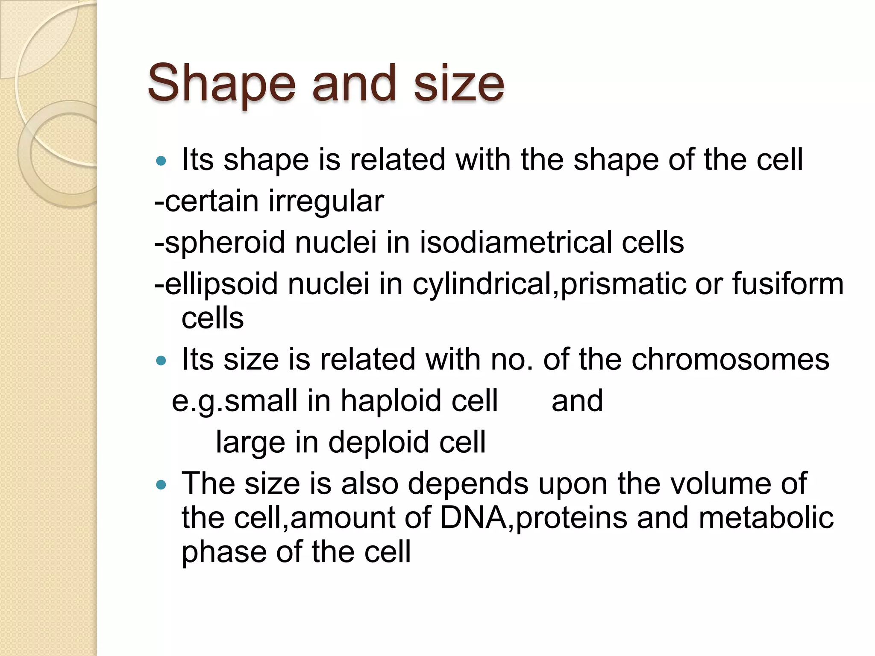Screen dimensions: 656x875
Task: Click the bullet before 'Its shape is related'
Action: click(161, 161)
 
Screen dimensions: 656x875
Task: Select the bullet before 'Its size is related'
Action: click(161, 361)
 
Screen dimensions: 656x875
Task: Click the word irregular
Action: click(326, 202)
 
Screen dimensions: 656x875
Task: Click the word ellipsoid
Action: click(221, 284)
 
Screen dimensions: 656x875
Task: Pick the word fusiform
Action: click(788, 284)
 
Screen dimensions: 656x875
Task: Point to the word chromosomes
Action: click(730, 360)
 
